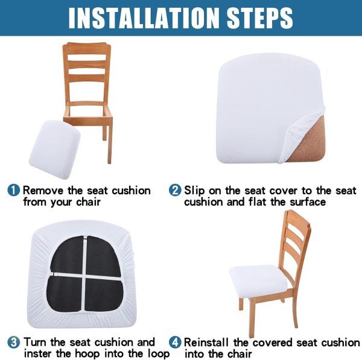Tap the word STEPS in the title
[259, 18]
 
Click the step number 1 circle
[14, 191]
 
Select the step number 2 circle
[175, 191]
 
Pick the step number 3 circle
[14, 343]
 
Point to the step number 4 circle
[175, 343]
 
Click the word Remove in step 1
[43, 191]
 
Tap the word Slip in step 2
[194, 191]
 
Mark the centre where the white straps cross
[86, 276]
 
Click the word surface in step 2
[308, 202]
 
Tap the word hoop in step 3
[88, 355]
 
